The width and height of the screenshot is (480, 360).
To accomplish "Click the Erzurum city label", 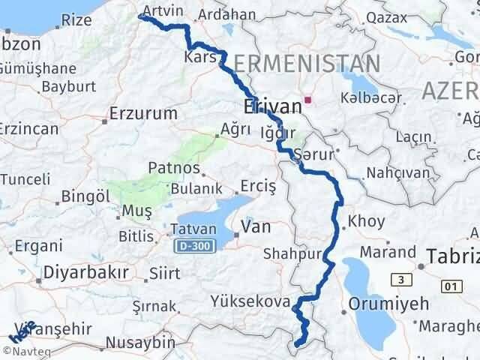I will [x=143, y=114].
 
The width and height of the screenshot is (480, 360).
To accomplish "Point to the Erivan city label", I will [x=273, y=106].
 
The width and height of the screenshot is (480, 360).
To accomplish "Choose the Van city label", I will [x=256, y=226].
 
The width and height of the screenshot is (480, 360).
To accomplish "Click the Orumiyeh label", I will [x=388, y=304].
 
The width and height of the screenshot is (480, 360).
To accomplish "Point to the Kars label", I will [x=200, y=57].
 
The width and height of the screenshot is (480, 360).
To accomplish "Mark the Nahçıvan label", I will [x=398, y=173].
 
